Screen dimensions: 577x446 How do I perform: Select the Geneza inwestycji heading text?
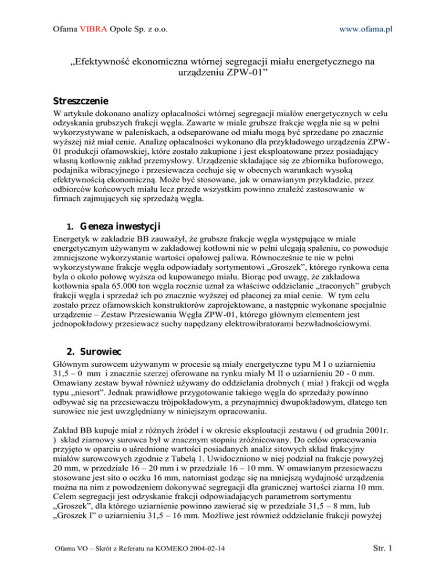[113, 225]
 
